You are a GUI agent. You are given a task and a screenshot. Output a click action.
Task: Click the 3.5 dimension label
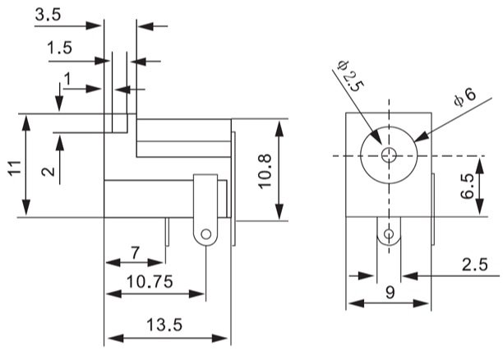(x=48, y=15)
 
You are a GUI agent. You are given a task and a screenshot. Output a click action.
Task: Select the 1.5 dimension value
(x=60, y=48)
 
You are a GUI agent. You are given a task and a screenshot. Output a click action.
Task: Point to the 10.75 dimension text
(x=149, y=281)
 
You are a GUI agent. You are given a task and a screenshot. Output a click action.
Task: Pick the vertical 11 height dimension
(x=14, y=168)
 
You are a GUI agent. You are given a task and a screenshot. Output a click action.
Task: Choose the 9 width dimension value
(x=390, y=292)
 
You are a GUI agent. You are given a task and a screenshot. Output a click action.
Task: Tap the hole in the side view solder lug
(x=204, y=236)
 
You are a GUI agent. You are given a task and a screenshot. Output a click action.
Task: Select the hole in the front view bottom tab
(x=389, y=237)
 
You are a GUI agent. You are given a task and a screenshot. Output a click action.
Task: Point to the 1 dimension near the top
(x=67, y=78)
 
